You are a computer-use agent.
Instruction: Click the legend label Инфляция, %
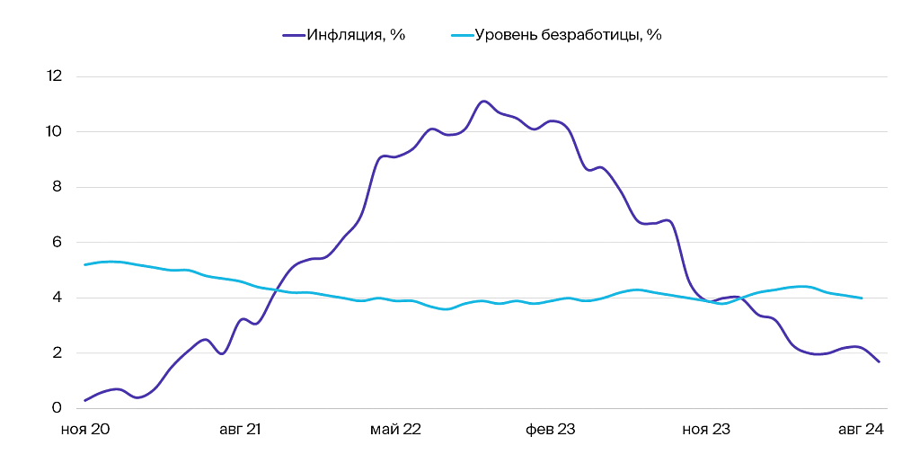(x=356, y=36)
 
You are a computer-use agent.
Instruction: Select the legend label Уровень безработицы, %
(x=568, y=36)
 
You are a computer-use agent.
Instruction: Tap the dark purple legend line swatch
(x=294, y=36)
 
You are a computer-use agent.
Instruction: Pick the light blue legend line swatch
(x=460, y=36)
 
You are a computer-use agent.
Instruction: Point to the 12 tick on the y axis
(x=54, y=76)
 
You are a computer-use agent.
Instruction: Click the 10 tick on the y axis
(x=54, y=132)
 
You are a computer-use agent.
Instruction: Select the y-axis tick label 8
(x=57, y=187)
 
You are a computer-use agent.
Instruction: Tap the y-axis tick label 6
(x=57, y=243)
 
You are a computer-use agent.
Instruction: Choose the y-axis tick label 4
(x=57, y=298)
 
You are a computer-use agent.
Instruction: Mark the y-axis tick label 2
(x=57, y=353)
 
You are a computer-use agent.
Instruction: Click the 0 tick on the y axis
(x=57, y=408)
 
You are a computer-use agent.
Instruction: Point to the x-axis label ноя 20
(x=85, y=430)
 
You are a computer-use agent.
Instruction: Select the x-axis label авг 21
(x=240, y=430)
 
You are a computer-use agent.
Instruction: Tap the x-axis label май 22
(x=395, y=430)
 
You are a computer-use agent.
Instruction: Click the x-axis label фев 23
(x=551, y=430)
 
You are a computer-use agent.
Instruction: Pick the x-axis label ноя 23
(x=706, y=430)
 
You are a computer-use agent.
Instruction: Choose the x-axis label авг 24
(x=861, y=430)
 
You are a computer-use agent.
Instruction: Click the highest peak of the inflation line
(x=483, y=101)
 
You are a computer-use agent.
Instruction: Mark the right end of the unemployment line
(x=862, y=298)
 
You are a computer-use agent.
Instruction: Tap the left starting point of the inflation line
(x=85, y=400)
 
